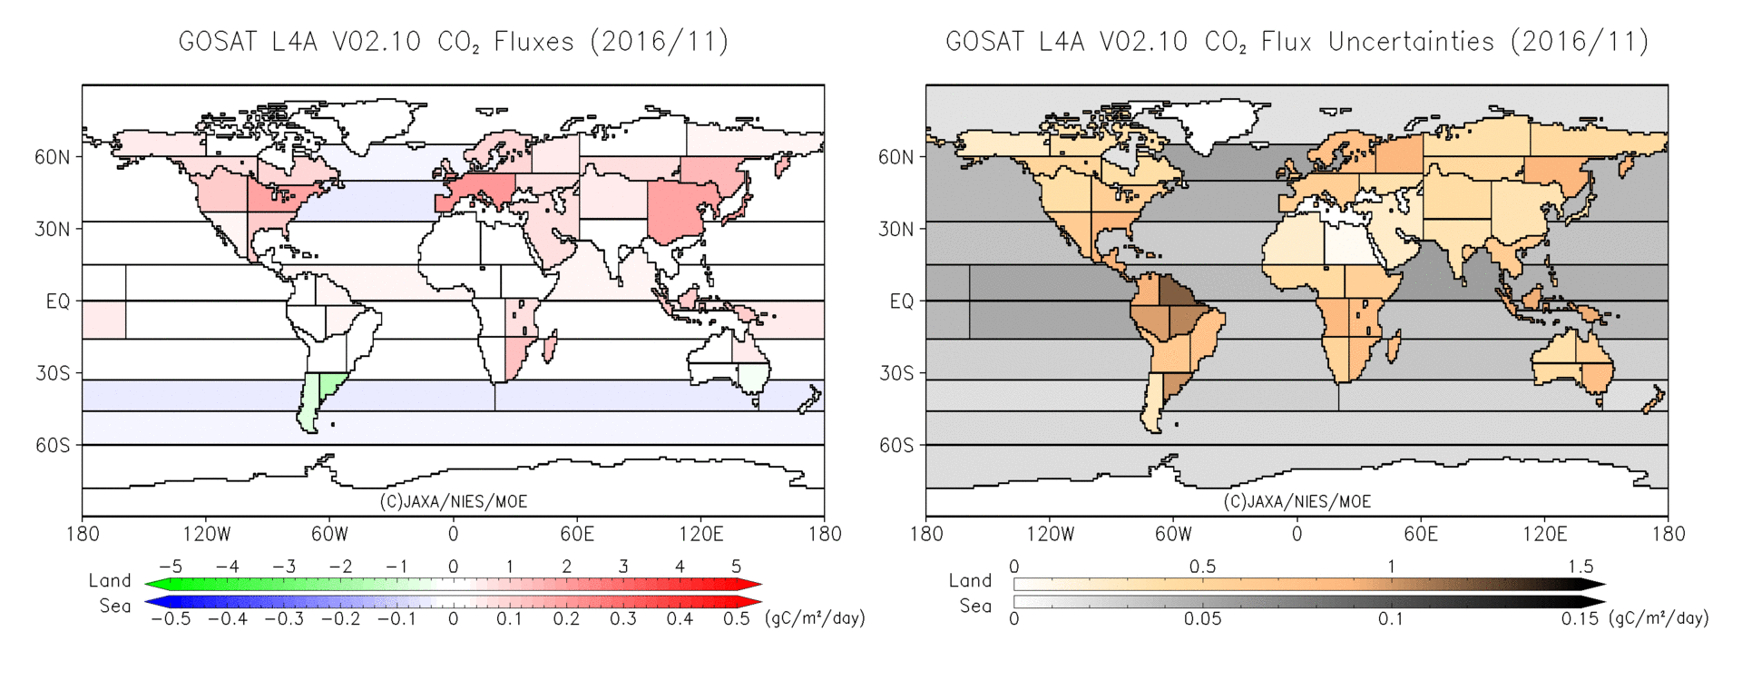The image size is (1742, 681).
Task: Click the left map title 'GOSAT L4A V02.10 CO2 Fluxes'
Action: pos(453,42)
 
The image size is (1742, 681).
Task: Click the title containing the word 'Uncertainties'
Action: pos(1297,42)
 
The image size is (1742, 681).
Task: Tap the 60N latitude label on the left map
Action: pos(52,157)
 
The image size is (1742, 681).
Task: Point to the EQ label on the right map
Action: pos(901,301)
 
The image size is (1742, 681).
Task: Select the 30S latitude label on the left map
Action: pos(52,373)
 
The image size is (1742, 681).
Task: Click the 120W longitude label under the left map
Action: pos(206,534)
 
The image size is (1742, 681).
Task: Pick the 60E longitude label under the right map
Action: pos(1420,534)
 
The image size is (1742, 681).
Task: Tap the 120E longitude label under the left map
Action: pos(700,534)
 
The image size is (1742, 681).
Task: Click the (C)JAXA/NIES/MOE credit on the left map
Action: pos(453,501)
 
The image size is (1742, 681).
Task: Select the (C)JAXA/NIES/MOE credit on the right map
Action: pos(1297,501)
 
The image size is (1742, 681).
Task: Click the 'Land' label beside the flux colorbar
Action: pos(110,580)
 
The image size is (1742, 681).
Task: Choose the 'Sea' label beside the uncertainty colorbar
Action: pos(975,606)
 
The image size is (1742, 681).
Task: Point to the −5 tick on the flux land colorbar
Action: pos(171,567)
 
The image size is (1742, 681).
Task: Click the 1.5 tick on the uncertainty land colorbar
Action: pos(1580,567)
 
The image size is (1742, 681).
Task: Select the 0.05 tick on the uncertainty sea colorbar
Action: pos(1202,619)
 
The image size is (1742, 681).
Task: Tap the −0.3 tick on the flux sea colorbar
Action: pos(283,619)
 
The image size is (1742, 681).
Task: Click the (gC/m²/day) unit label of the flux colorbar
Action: pos(815,618)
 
